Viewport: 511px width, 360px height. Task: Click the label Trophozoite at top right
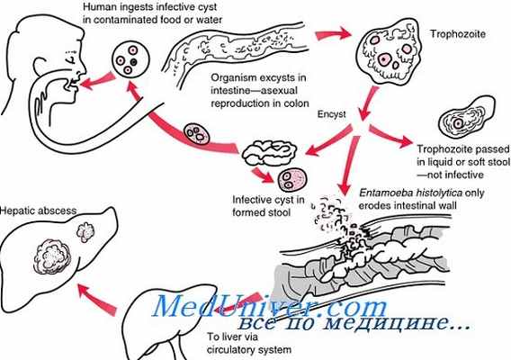458,34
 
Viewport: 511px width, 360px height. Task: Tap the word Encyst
332,114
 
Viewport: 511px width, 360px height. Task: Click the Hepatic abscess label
39,211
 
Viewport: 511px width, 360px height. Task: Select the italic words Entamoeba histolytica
410,193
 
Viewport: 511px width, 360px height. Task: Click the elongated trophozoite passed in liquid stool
466,116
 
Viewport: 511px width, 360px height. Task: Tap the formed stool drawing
269,152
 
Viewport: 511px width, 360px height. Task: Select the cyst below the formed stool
292,180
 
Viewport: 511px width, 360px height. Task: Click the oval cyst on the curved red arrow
196,134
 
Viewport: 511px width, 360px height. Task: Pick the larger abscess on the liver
52,256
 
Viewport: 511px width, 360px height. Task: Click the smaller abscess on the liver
85,232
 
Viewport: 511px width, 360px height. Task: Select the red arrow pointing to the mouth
98,82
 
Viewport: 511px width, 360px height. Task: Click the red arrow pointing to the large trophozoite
333,34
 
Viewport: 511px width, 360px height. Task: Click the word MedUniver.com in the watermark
270,307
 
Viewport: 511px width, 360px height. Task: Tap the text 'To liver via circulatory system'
249,343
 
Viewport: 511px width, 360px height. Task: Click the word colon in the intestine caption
296,103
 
